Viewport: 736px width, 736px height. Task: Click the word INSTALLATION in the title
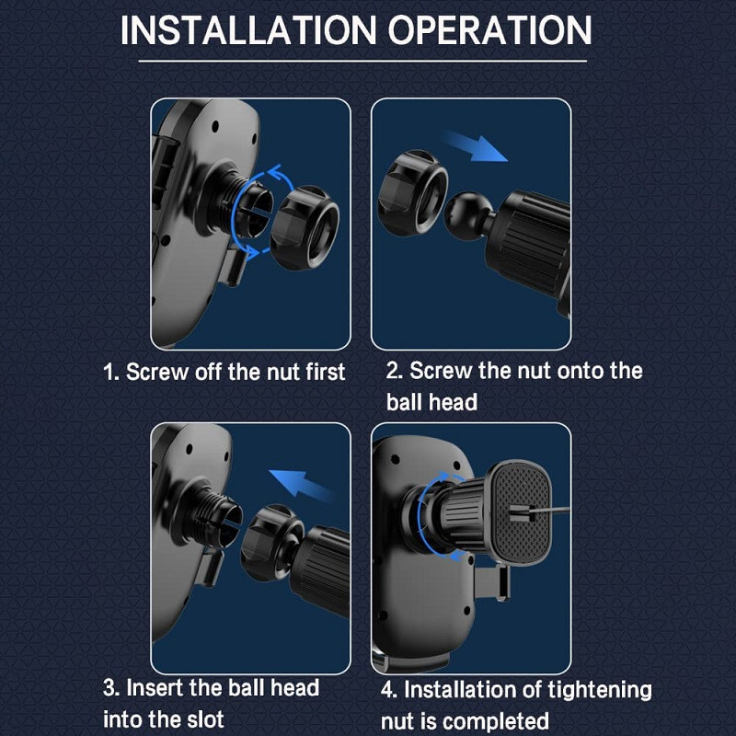coord(248,30)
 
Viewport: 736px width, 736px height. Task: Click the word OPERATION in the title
coord(489,30)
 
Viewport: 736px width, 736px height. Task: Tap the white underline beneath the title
coord(362,61)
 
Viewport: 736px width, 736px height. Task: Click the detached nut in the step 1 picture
coord(305,227)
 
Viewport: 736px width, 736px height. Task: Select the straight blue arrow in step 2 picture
coord(474,146)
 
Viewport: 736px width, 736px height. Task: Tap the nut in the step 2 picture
coord(412,192)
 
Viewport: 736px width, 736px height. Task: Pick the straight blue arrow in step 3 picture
coord(302,486)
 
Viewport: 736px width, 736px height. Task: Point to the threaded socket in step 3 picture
coord(218,516)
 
